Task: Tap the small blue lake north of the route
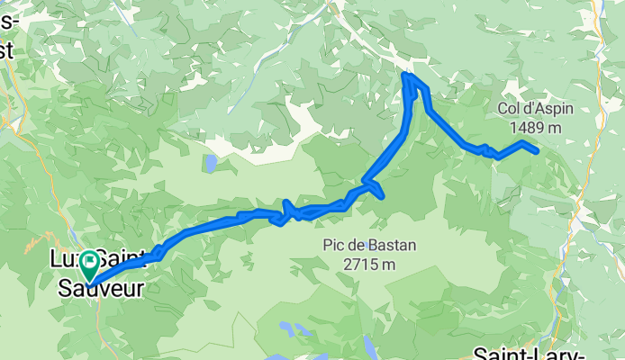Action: (x=209, y=163)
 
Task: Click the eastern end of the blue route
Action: (x=537, y=151)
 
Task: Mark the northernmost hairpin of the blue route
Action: (x=407, y=76)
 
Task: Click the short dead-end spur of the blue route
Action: (x=382, y=194)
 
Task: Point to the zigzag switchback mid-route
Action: (x=288, y=212)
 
